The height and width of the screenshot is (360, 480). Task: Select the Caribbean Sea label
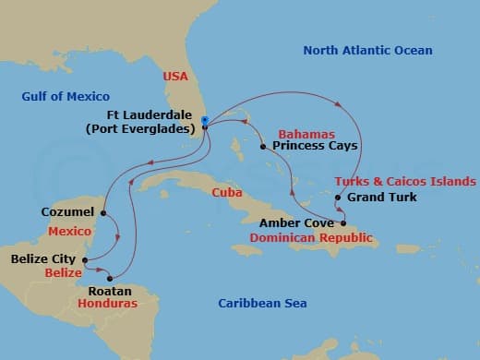click(262, 304)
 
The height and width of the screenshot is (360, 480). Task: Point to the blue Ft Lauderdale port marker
click(204, 120)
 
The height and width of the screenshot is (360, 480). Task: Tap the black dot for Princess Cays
click(263, 146)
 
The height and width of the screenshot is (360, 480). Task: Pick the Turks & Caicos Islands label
click(405, 182)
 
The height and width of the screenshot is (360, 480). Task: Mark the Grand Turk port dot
click(338, 198)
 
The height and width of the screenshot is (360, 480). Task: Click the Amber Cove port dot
click(344, 223)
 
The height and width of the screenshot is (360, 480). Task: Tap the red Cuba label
click(226, 193)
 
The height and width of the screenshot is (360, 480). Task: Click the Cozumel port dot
click(102, 212)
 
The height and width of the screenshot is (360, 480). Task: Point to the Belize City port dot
click(84, 260)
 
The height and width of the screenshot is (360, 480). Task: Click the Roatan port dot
click(110, 278)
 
